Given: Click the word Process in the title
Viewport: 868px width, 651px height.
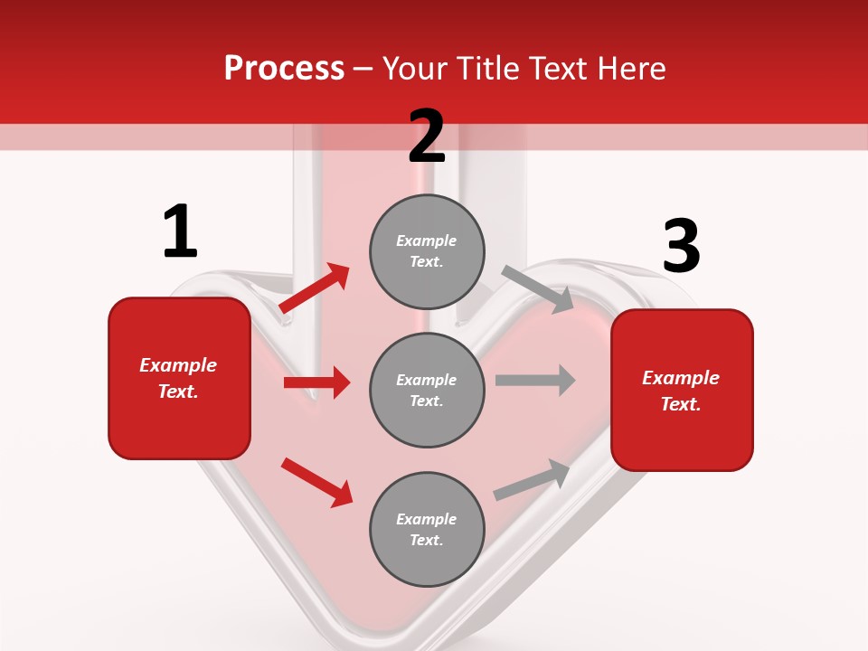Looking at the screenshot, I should [x=284, y=69].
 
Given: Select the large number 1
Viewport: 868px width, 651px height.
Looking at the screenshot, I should [x=180, y=231].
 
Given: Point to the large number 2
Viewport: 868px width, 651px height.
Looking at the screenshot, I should [x=427, y=137].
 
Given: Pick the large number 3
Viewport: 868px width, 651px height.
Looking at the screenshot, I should [x=681, y=247].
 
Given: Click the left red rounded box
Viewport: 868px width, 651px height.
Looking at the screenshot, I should [x=179, y=378].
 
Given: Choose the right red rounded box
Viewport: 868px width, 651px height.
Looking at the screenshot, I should [x=682, y=390].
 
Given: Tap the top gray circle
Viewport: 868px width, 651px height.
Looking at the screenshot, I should [x=427, y=250].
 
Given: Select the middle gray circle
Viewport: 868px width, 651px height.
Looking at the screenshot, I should [x=427, y=390].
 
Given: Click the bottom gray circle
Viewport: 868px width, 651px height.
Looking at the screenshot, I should [x=427, y=529].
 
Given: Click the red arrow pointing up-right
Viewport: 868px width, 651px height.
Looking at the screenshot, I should [x=315, y=288].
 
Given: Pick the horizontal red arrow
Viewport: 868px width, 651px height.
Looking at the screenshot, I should [x=316, y=382].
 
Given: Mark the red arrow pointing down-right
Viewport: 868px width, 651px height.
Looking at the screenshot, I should [x=316, y=482].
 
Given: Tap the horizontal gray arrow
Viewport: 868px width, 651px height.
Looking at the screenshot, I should [x=535, y=380].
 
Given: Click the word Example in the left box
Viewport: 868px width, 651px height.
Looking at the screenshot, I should [x=178, y=365].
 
